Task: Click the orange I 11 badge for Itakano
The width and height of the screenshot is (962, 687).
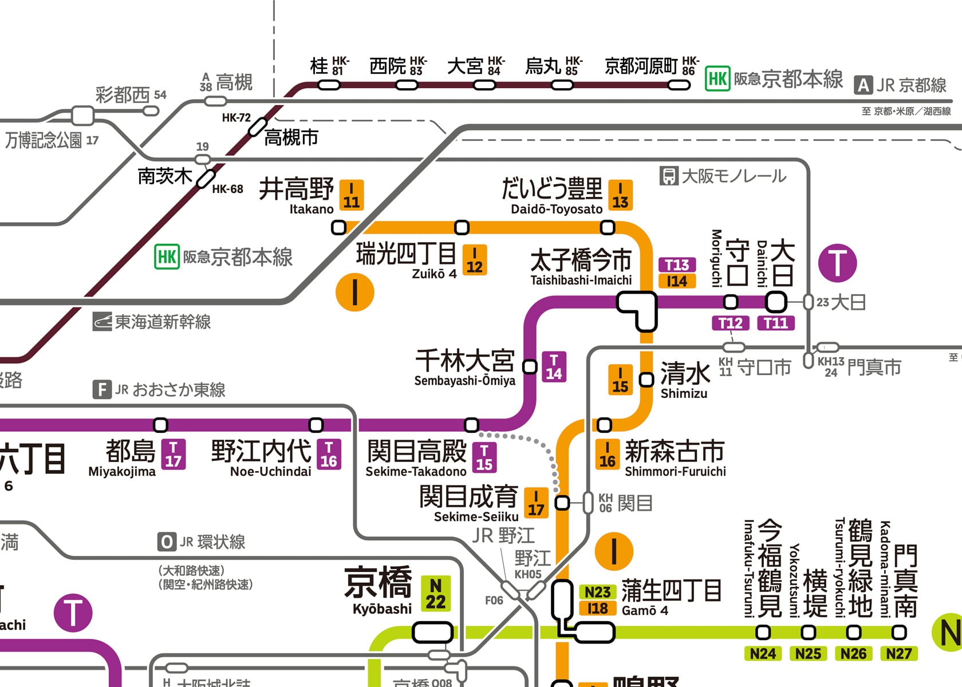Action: [351, 195]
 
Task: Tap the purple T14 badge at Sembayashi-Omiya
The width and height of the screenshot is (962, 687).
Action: [554, 366]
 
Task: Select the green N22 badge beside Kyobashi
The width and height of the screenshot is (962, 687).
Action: [436, 594]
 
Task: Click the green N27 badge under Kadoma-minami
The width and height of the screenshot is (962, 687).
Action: [898, 653]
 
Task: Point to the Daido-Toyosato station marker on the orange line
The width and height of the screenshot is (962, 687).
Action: [607, 227]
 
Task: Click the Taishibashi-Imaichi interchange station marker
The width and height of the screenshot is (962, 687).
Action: [637, 309]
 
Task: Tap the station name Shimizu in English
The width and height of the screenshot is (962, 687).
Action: [684, 393]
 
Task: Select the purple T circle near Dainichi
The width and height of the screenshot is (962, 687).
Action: [837, 263]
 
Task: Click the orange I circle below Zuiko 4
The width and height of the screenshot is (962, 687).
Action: [355, 292]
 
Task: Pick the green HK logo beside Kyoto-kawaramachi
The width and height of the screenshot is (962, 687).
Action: [717, 78]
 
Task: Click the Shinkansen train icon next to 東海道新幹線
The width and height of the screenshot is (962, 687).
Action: [102, 322]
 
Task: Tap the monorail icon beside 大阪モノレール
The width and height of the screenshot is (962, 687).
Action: [668, 176]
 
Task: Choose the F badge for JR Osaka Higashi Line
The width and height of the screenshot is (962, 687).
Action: [102, 390]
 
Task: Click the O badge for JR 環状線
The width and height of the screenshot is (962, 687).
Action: [166, 542]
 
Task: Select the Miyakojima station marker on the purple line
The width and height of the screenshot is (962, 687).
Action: [161, 425]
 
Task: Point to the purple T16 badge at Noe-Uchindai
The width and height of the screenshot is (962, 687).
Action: [329, 454]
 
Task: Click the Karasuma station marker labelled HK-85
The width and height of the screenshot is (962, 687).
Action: [562, 85]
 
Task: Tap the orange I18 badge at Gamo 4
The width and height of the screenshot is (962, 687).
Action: [597, 608]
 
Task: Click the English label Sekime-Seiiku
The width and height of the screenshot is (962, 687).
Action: [476, 516]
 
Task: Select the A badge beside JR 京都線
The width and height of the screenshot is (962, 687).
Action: [863, 86]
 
